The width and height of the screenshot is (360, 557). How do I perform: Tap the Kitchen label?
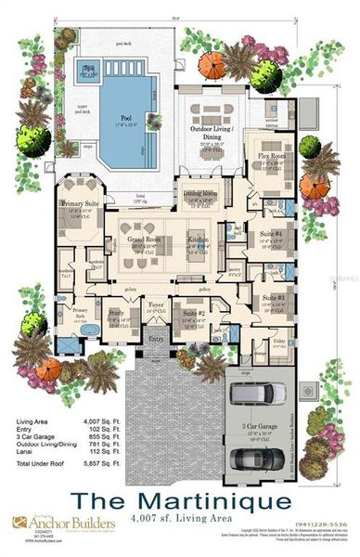pyautogui.click(x=198, y=240)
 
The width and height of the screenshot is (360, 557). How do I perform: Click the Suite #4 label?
pyautogui.click(x=269, y=235)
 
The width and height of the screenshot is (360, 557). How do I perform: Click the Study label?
pyautogui.click(x=116, y=313)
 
